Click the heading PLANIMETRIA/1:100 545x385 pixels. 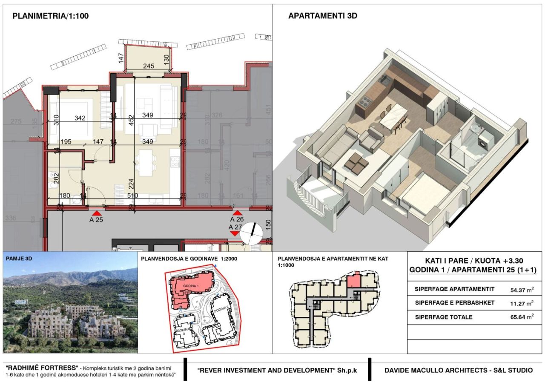[50, 16]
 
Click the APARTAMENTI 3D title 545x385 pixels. [322, 16]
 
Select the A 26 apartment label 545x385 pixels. [237, 220]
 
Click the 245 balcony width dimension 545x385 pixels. [148, 66]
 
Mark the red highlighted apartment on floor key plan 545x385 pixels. [353, 282]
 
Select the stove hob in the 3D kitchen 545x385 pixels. [365, 101]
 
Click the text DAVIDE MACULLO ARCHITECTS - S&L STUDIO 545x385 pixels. [458, 371]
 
